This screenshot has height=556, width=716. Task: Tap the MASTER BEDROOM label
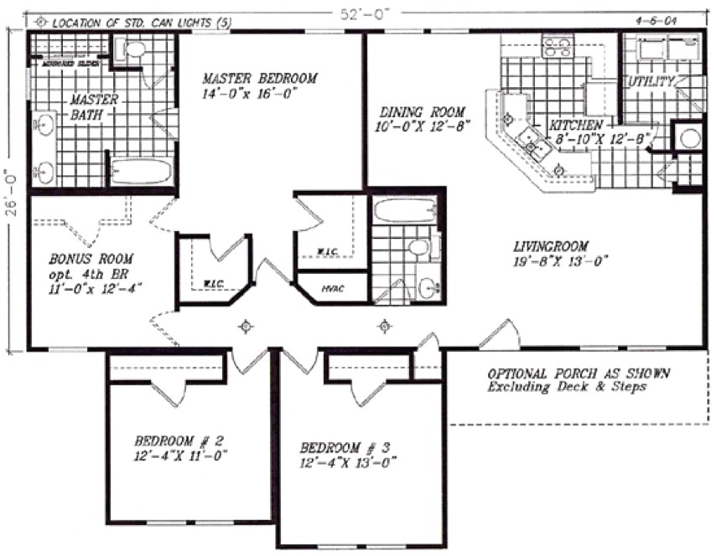260,79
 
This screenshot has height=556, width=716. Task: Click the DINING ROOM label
421,111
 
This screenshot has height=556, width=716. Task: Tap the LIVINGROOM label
549,246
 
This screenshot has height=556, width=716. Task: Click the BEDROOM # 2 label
178,440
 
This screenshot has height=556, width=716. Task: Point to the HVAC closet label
332,289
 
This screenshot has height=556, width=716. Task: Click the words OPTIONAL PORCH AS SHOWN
580,373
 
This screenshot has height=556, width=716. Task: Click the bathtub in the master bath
140,172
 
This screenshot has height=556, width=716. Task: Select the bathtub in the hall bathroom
405,210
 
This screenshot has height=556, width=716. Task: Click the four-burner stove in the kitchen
556,47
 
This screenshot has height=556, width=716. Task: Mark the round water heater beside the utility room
690,138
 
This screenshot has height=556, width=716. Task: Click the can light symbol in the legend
42,23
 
